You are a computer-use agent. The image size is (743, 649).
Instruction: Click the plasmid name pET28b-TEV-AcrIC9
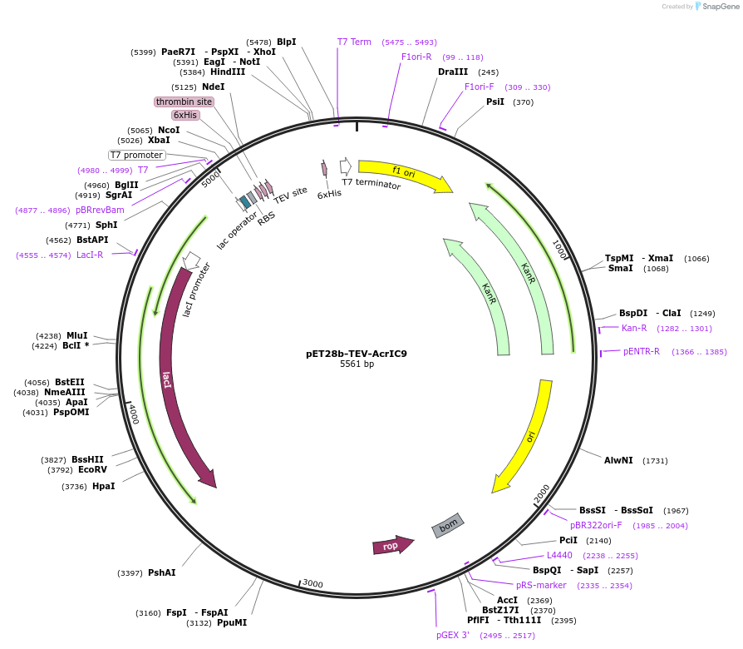pyautogui.click(x=357, y=353)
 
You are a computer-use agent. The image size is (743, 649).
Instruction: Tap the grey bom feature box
pyautogui.click(x=448, y=525)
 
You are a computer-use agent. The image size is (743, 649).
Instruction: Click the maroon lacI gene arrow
pyautogui.click(x=174, y=374)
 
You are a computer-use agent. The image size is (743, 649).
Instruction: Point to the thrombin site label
pyautogui.click(x=184, y=102)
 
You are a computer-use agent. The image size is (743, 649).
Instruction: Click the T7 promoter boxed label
pyautogui.click(x=137, y=155)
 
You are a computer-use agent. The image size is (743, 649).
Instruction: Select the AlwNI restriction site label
pyautogui.click(x=618, y=460)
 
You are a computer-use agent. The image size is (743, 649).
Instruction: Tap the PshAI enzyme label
pyautogui.click(x=161, y=572)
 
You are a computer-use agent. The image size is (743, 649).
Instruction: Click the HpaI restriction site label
pyautogui.click(x=103, y=486)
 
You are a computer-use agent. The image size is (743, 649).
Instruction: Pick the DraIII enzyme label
pyautogui.click(x=453, y=72)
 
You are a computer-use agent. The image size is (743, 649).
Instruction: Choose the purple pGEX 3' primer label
pyautogui.click(x=453, y=635)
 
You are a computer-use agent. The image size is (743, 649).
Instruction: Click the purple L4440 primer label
pyautogui.click(x=559, y=555)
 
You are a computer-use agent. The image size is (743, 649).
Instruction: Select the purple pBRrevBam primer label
pyautogui.click(x=100, y=210)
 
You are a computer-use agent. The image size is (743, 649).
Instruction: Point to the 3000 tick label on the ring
pyautogui.click(x=312, y=583)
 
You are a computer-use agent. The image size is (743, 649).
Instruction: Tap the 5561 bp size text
pyautogui.click(x=357, y=364)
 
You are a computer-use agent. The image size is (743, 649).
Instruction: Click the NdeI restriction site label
pyautogui.click(x=213, y=87)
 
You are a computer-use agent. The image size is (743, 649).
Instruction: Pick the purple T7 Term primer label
pyautogui.click(x=354, y=42)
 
